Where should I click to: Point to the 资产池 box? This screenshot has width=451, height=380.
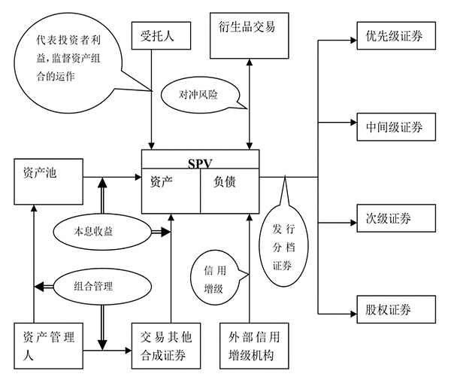(47, 181)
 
